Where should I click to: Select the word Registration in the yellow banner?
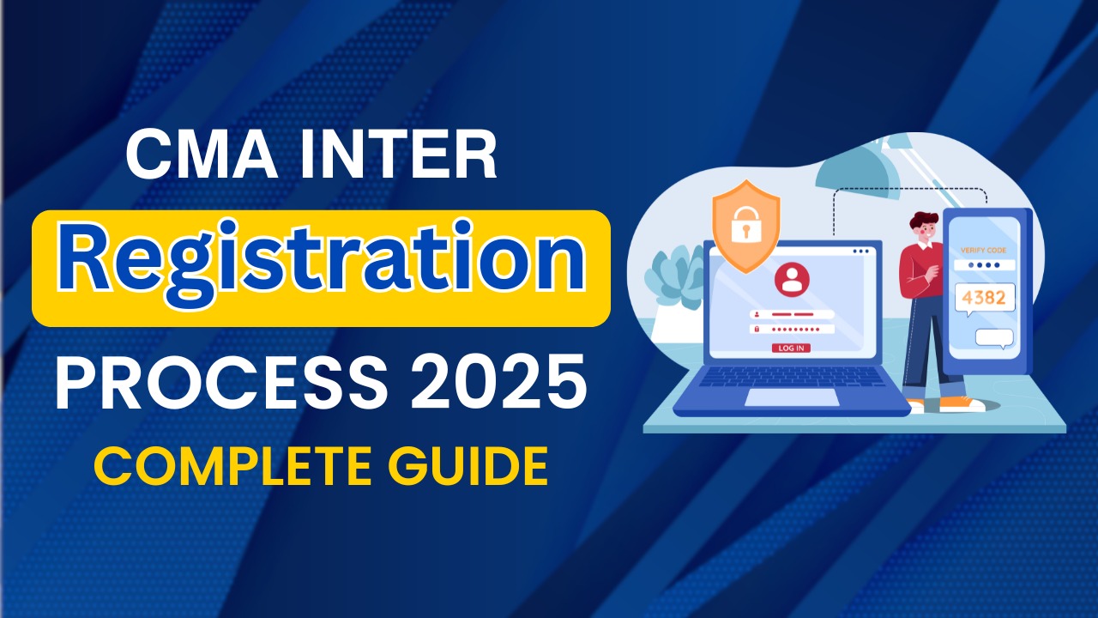pyautogui.click(x=321, y=269)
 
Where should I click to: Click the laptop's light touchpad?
pyautogui.click(x=791, y=397)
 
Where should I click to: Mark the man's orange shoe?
pyautogui.click(x=962, y=403)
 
